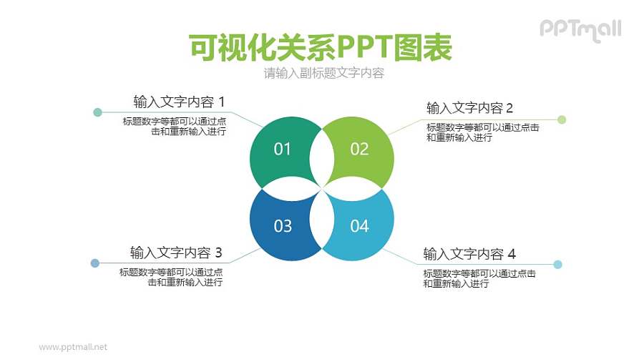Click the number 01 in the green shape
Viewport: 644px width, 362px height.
pos(283,149)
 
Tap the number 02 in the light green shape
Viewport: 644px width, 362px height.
pos(359,149)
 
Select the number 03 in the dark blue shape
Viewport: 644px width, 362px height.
pos(283,226)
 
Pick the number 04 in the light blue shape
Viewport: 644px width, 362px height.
pos(359,226)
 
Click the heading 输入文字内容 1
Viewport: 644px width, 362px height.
pos(179,102)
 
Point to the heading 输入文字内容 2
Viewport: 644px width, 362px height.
pos(469,108)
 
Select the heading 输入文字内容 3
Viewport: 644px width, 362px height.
pos(176,253)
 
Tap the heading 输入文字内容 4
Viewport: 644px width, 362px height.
pos(469,254)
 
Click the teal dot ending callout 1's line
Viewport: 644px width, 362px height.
pos(97,112)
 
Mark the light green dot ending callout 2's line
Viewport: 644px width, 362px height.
pos(562,119)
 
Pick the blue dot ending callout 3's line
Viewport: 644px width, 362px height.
pos(95,263)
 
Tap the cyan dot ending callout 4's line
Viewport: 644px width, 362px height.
pos(558,265)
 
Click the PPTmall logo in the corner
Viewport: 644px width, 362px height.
pos(580,29)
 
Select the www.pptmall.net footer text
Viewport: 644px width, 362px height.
pos(73,347)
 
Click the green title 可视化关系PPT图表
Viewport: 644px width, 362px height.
pos(321,48)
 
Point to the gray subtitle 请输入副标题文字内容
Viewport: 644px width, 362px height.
pos(324,73)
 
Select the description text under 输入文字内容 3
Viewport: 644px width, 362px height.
pos(171,277)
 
